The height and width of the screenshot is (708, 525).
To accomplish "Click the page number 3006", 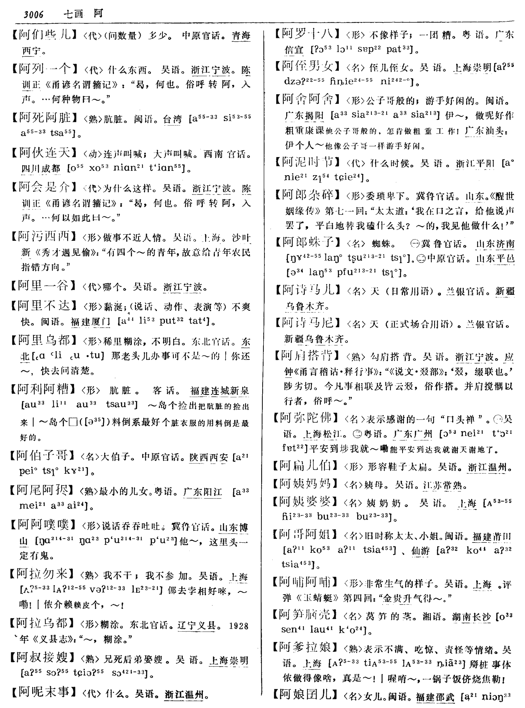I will click(x=33, y=14).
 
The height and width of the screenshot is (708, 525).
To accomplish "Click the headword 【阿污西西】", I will click(x=44, y=236).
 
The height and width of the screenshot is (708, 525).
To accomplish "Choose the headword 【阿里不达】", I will click(x=44, y=305).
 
